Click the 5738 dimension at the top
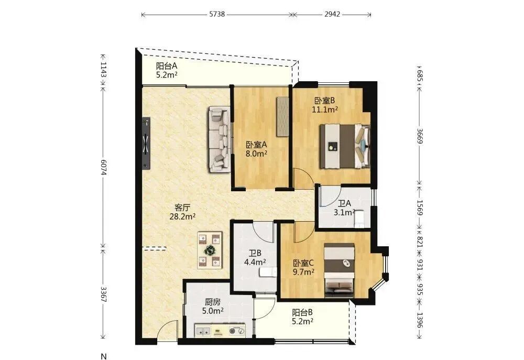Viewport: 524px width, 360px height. pos(217,14)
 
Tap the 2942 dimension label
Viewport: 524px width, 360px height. pos(332,14)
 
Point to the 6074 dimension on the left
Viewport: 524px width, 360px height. pos(103,167)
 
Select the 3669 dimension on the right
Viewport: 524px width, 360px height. pos(420,136)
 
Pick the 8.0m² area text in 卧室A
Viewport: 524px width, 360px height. pos(256,154)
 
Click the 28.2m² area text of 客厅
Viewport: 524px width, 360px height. pos(182,216)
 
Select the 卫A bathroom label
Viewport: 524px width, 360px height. pos(344,203)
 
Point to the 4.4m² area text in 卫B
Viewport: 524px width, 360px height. pos(255,262)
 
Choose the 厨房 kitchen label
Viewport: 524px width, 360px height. pos(213,302)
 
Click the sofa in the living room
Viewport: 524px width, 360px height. pos(220,139)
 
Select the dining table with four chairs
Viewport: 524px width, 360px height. pos(210,250)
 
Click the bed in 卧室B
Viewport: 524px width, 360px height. pos(345,146)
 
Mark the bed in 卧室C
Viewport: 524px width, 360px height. pos(340,270)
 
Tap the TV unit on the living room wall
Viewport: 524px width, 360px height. pos(146,144)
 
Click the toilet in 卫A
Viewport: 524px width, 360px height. pos(358,219)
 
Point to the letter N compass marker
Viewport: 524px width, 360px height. pos(104,356)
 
